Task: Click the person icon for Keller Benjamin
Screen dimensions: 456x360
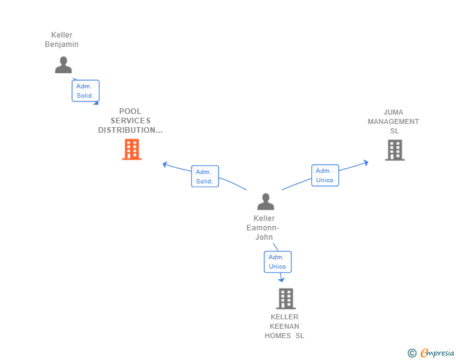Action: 63,64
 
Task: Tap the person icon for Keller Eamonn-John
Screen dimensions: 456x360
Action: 266,202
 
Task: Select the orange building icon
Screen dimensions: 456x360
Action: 132,150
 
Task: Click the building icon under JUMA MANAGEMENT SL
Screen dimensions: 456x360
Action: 395,150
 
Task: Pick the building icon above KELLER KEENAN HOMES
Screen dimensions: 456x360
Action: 286,299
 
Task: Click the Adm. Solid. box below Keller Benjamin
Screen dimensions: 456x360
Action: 85,91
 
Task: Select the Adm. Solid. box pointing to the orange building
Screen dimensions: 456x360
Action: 205,176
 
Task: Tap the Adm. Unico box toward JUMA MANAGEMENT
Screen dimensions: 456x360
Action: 325,175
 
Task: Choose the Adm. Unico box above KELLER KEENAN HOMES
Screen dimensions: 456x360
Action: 277,262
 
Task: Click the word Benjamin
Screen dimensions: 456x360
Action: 61,44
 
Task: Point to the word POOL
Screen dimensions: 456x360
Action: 130,111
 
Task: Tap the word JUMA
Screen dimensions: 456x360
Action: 393,112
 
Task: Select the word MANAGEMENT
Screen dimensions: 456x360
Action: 393,121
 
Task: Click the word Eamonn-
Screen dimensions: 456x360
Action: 263,228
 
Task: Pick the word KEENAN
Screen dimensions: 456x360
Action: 284,326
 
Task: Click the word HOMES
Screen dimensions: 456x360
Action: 277,336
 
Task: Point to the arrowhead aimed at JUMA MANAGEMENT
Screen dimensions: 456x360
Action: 366,163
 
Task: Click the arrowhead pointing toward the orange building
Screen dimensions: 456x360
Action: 165,165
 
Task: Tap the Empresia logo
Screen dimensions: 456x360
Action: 431,352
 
